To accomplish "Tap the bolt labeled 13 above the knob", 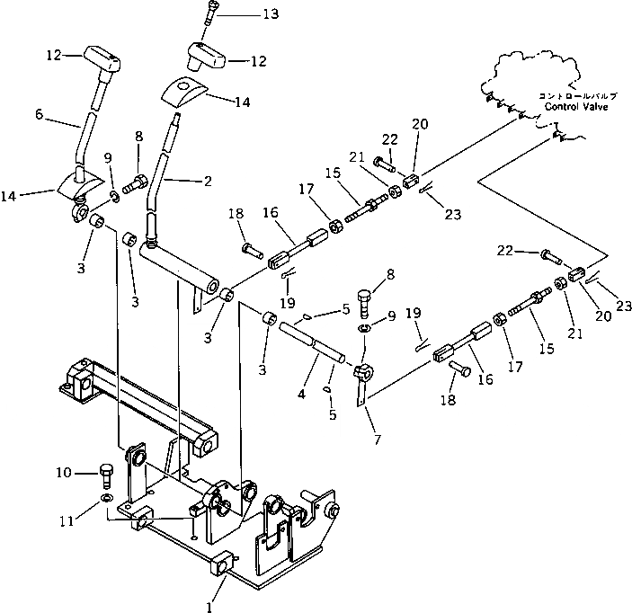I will click(x=210, y=13).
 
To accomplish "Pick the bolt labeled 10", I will click(x=104, y=472).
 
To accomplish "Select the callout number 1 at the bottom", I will click(x=209, y=607).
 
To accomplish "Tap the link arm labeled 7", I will click(x=361, y=386).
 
